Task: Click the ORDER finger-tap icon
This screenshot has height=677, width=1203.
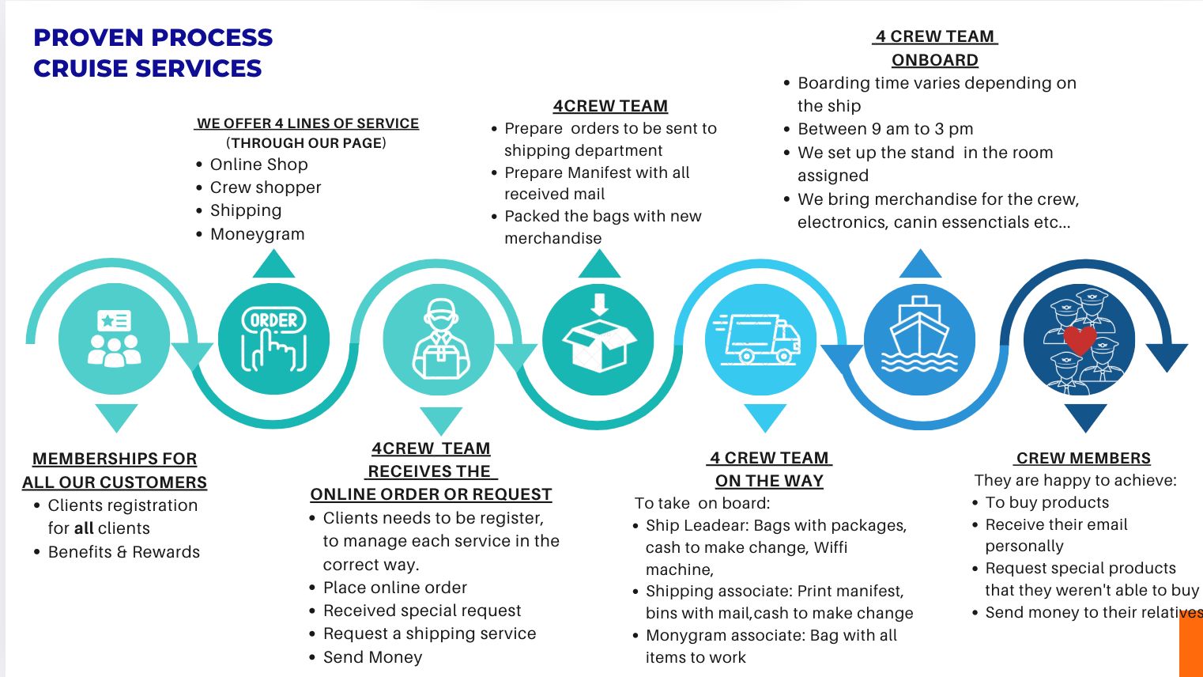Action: pos(273,340)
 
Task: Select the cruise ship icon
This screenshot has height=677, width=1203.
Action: pos(919,340)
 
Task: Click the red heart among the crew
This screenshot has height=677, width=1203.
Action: pos(1080,339)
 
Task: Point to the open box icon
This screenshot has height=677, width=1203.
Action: pos(598,340)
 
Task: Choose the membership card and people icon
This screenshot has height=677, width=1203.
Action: pos(115,340)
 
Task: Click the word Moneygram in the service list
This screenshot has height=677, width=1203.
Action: pos(257,234)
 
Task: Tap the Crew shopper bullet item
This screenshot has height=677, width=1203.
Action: pos(266,187)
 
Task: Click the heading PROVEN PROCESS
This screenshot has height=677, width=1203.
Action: pos(153,37)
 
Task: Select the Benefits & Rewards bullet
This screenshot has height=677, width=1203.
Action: pos(124,552)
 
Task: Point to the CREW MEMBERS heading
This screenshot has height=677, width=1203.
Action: pos(1083,458)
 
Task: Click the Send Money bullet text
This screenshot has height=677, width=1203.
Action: pos(372,657)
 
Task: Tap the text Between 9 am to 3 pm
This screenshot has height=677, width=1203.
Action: pos(885,129)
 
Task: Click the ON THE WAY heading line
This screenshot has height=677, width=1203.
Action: pos(769,481)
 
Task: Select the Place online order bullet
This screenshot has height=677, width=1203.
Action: pos(394,588)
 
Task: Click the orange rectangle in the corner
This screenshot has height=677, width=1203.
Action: pos(1190,645)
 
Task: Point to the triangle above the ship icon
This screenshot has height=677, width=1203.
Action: pos(920,264)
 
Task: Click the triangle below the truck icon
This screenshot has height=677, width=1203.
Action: pos(765,417)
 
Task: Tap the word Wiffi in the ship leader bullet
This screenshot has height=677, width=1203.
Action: pos(830,547)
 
